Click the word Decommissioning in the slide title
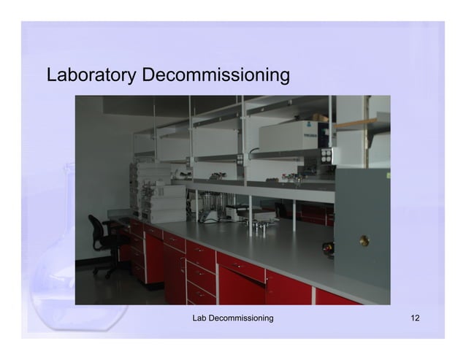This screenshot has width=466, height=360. point(216,75)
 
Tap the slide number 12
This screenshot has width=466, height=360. point(415,318)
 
